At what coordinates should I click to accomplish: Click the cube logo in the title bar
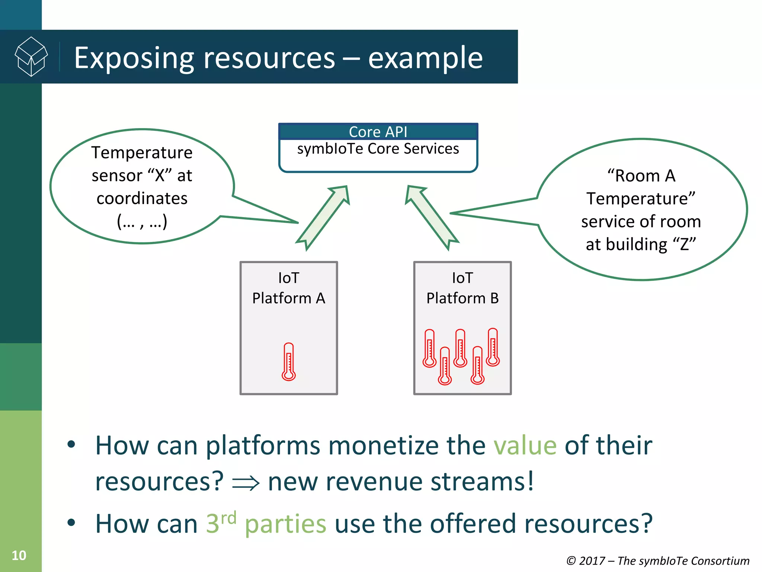[31, 57]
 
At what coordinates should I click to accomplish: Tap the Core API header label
[378, 132]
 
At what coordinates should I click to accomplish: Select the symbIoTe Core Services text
[378, 149]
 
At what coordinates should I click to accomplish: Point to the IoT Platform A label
[289, 288]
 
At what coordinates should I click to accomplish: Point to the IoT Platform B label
[462, 288]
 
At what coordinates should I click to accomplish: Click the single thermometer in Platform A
[289, 362]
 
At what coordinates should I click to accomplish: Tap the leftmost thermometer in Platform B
[429, 348]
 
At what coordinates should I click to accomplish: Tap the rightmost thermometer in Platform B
[493, 347]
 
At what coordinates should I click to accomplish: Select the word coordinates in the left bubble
[142, 198]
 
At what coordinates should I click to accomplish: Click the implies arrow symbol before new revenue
[246, 483]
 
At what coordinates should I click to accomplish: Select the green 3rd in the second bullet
[221, 522]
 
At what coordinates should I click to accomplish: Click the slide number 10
[19, 556]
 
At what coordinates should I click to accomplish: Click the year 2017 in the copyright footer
[592, 561]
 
